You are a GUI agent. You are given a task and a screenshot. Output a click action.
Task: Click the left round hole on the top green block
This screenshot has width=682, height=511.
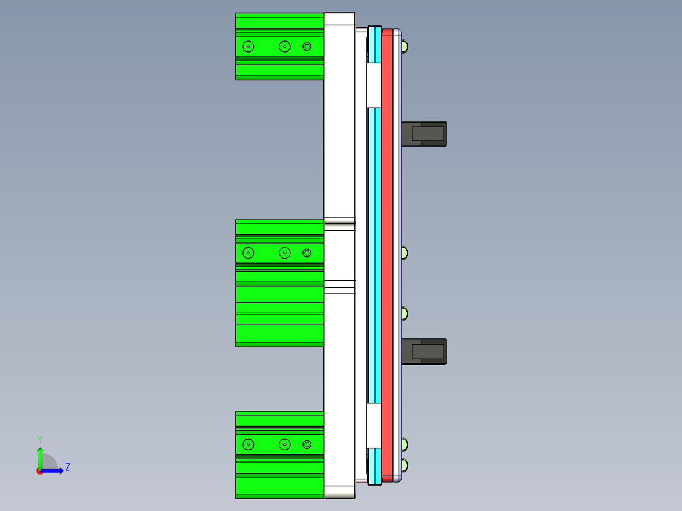click(x=248, y=46)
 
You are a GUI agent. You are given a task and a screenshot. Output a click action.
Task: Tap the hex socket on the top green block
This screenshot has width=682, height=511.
click(x=307, y=46)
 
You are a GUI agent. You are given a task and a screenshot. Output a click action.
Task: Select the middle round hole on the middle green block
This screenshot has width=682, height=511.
click(x=285, y=253)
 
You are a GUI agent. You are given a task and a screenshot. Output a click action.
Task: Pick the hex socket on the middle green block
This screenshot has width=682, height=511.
click(x=307, y=253)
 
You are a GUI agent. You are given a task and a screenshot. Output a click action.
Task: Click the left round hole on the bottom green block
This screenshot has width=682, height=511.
click(x=248, y=445)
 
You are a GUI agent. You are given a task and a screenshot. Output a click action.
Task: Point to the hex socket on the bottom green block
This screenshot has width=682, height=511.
click(x=307, y=445)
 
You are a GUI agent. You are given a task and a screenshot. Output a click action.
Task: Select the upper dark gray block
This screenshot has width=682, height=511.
click(x=424, y=133)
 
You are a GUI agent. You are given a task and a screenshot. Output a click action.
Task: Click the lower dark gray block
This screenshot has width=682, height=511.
click(x=424, y=352)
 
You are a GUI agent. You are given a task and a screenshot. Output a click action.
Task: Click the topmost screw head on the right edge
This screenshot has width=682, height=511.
click(x=404, y=46)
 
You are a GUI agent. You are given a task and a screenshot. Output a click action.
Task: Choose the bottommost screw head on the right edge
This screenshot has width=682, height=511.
click(x=404, y=466)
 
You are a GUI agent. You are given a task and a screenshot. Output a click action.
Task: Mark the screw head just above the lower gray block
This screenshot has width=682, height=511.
click(x=404, y=314)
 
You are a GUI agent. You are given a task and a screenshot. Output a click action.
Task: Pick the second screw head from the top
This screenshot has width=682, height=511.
click(x=404, y=253)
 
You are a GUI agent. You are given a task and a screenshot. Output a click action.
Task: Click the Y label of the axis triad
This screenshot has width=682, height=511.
click(x=39, y=439)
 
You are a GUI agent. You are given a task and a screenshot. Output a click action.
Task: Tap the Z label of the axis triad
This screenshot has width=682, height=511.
click(x=67, y=467)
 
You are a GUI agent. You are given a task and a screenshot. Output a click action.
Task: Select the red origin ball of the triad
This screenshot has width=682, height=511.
click(x=40, y=471)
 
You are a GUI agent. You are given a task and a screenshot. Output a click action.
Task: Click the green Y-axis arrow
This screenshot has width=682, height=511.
click(x=40, y=457)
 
